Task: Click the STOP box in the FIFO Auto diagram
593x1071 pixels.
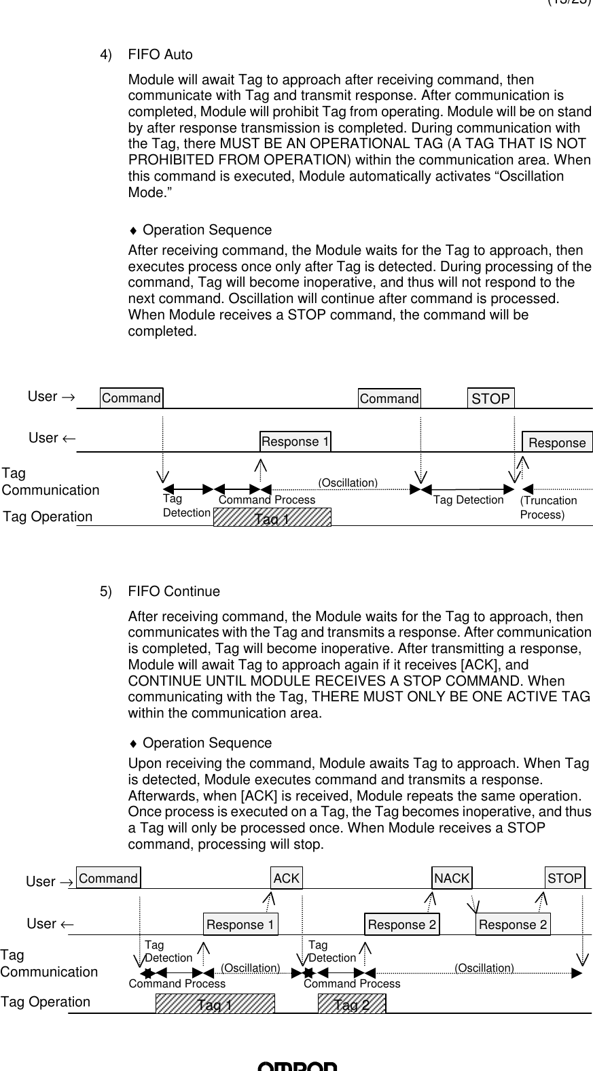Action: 490,399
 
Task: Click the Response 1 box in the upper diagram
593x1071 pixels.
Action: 295,442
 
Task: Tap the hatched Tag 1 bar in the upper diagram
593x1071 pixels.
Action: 272,518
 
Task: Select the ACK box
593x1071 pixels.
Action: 286,878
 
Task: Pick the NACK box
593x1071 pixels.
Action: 452,878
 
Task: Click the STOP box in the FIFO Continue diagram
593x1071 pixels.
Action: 565,878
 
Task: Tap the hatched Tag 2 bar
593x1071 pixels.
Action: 352,1004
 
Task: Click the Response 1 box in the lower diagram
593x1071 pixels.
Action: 240,925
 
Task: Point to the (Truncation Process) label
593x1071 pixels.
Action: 548,508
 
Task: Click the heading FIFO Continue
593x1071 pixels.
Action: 174,591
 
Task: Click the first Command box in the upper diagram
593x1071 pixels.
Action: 131,398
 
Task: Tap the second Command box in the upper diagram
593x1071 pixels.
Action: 389,399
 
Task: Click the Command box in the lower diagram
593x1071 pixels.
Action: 108,878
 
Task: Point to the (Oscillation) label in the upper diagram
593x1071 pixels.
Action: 348,482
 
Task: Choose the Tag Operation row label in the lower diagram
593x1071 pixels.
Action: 46,1002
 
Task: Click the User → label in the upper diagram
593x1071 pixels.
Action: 51,396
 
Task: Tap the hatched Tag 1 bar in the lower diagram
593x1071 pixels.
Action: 215,1004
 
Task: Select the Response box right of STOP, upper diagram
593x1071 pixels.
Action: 557,442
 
